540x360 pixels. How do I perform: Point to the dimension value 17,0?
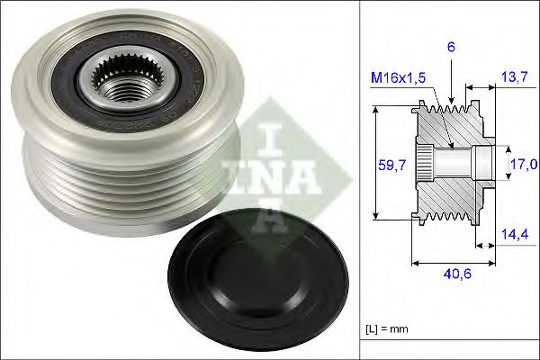click(523, 165)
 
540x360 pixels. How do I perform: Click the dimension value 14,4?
click(514, 235)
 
